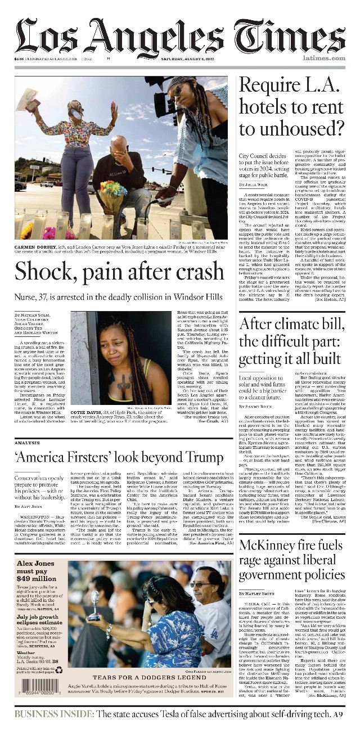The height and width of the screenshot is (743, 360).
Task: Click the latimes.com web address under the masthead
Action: click(323, 58)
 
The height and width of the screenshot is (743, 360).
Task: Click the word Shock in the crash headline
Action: click(42, 272)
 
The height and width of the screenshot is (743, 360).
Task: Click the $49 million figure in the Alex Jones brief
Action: click(36, 578)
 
